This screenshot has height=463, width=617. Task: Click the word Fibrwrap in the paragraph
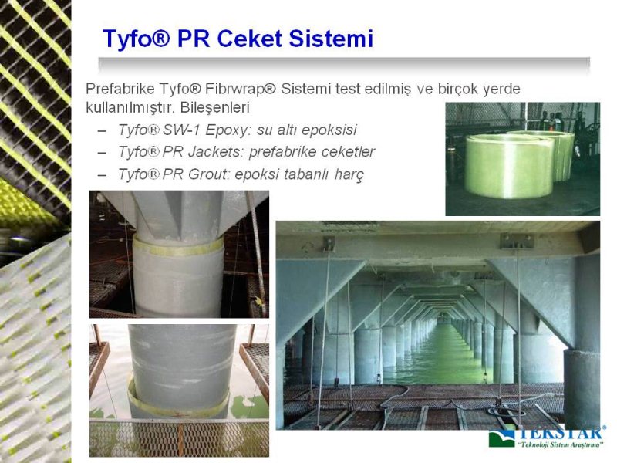(x=234, y=89)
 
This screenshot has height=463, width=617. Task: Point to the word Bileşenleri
(x=215, y=107)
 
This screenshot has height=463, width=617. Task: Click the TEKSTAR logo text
(x=560, y=433)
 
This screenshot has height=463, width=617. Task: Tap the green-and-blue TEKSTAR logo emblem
(x=501, y=438)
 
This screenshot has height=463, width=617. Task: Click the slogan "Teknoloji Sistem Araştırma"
(x=561, y=445)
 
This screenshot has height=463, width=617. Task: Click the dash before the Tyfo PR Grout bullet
(x=102, y=175)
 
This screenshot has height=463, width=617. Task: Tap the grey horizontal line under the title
(x=344, y=61)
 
